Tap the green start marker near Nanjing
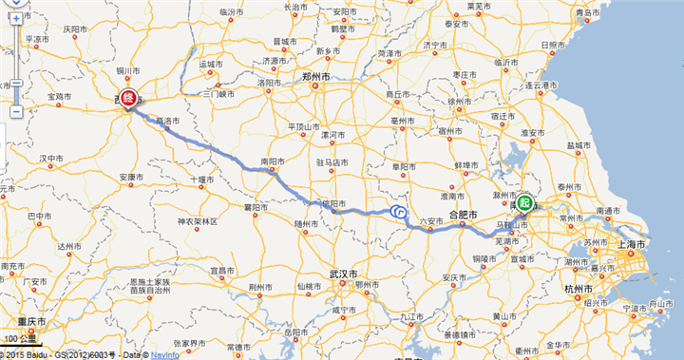pyautogui.click(x=525, y=201)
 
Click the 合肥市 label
pyautogui.click(x=463, y=215)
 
